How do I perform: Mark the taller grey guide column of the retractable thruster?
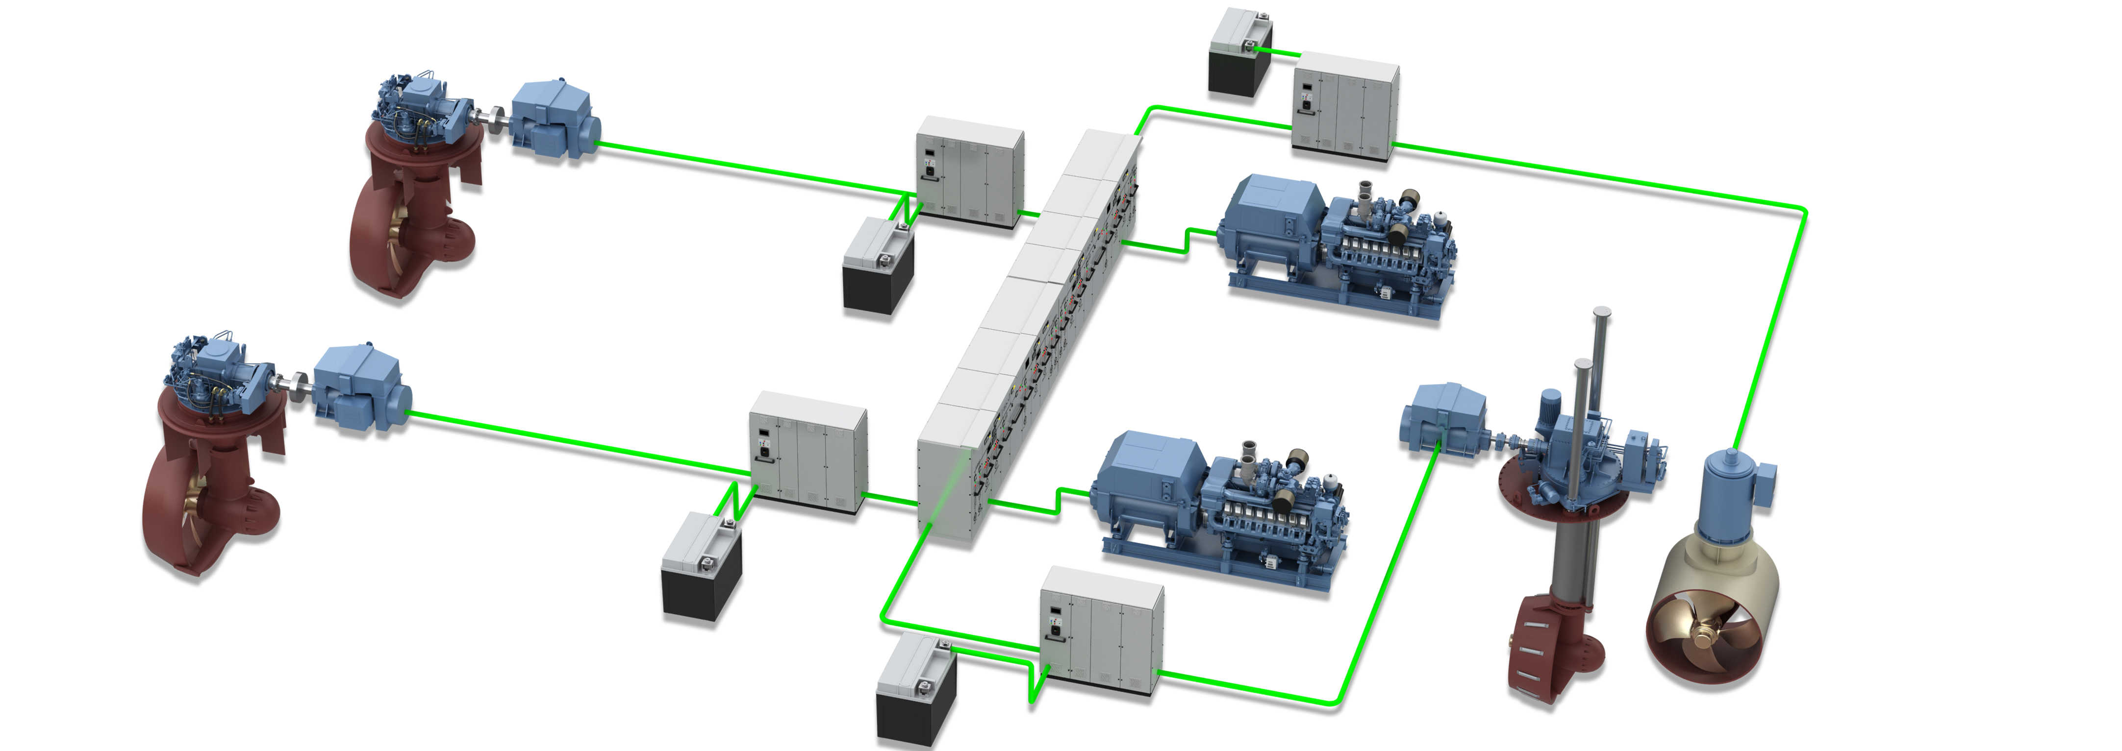pos(1600,363)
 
